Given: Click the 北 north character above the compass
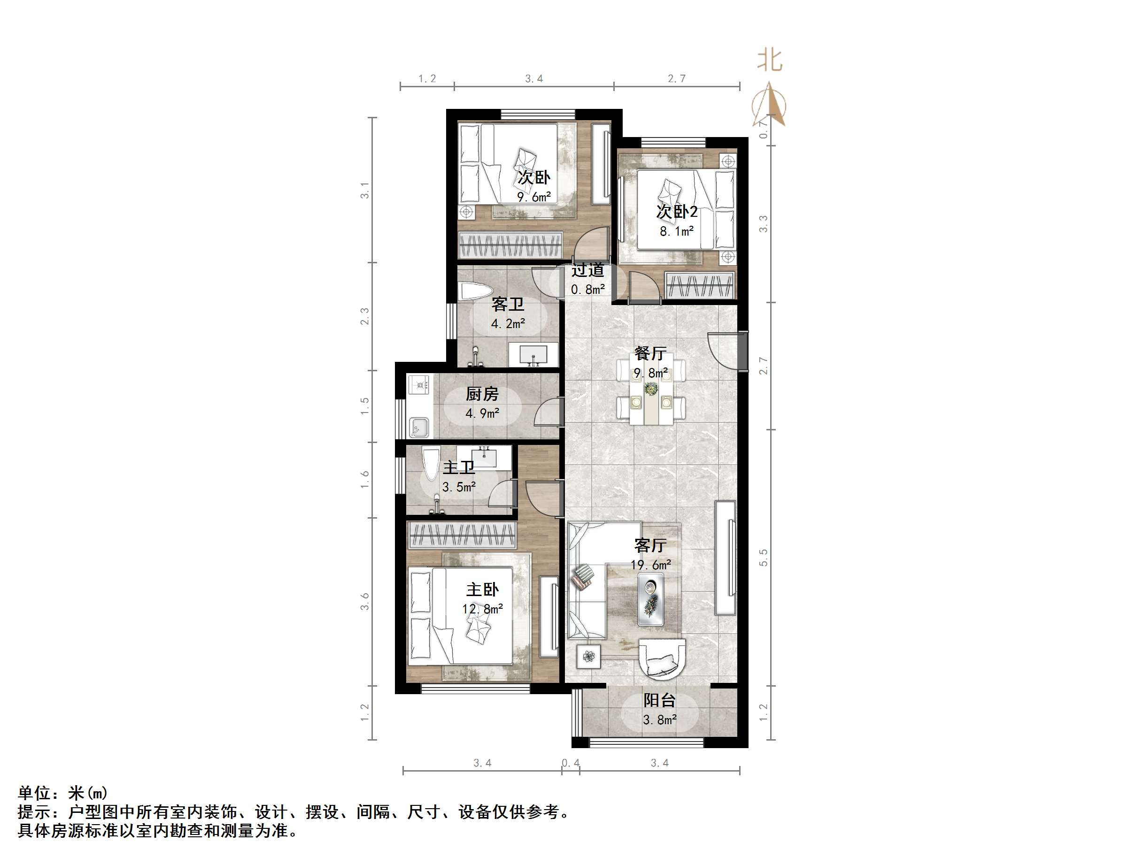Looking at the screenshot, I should (769, 61).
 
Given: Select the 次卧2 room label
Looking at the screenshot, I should (676, 211).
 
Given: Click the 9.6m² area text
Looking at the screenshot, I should (534, 197).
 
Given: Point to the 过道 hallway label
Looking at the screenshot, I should (587, 270).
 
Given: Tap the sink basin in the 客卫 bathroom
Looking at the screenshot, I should (533, 354).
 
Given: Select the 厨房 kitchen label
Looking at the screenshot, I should (482, 394).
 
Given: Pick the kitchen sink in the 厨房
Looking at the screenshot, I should (418, 427).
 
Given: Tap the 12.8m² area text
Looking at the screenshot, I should (483, 609).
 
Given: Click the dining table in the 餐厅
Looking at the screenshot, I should (650, 398).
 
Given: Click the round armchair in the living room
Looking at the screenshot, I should (662, 658).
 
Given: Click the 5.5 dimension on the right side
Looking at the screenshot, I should (763, 558).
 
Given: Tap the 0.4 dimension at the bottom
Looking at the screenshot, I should (571, 763).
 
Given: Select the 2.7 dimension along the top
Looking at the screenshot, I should (676, 78).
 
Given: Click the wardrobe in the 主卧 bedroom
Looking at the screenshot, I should (462, 535).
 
